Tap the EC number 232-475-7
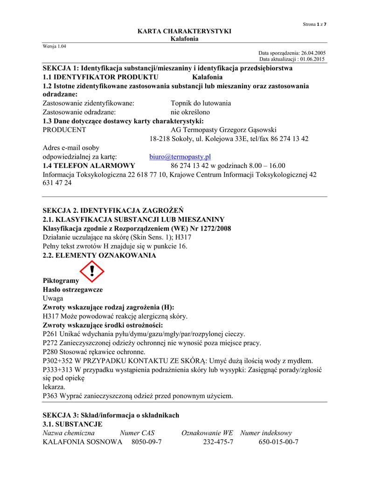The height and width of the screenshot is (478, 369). point(218,442)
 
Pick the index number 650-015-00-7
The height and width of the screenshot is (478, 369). point(278,442)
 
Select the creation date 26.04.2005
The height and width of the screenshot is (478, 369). point(313,53)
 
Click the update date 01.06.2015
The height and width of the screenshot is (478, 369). point(313,59)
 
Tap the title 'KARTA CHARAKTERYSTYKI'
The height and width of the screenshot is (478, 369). point(184,31)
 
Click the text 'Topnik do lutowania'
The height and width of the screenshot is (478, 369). point(201,103)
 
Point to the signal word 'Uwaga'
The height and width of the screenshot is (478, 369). point(53,298)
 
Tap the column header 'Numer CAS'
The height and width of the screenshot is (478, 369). point(137,433)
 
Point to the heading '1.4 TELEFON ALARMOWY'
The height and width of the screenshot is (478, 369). point(89,166)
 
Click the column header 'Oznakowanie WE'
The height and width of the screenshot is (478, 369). point(207,433)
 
